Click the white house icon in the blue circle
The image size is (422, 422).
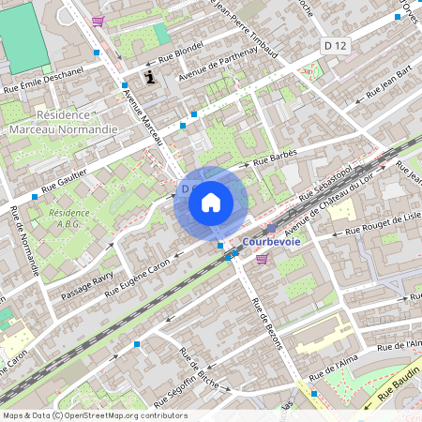click(211, 202)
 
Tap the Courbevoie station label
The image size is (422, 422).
click(271, 241)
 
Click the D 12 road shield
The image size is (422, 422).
click(334, 45)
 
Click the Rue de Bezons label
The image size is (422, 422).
click(267, 323)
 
